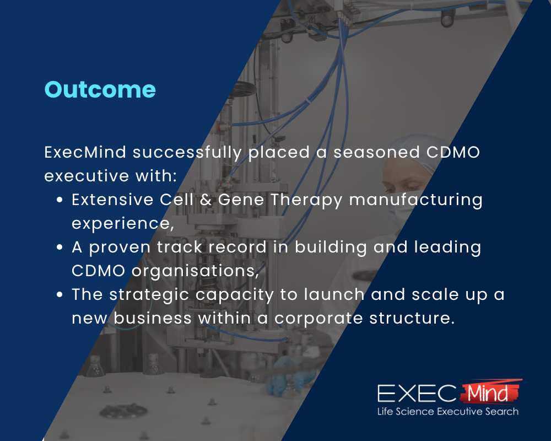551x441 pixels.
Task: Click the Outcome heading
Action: click(100, 89)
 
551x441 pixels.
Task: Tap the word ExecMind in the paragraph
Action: click(85, 152)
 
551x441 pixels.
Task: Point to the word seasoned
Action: click(376, 152)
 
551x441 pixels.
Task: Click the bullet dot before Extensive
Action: click(60, 200)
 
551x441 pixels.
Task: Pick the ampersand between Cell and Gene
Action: click(206, 200)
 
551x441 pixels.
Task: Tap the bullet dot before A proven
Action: click(60, 247)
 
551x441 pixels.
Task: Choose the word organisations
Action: click(196, 271)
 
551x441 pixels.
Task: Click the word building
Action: click(331, 248)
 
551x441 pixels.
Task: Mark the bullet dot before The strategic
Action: click(60, 295)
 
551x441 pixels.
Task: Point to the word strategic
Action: click(149, 295)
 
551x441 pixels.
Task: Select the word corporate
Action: click(318, 319)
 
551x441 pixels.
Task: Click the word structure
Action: click(412, 318)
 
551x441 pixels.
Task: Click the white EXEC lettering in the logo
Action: click(417, 393)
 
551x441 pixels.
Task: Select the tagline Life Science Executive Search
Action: click(448, 411)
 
